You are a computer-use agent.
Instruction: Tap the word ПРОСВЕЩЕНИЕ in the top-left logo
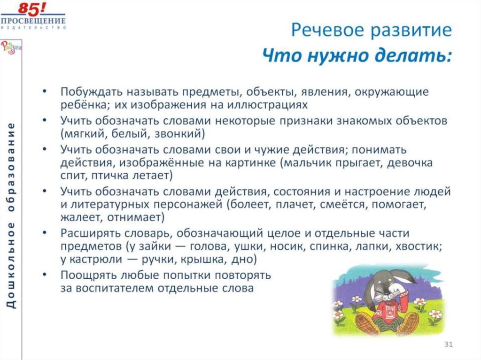[33, 21]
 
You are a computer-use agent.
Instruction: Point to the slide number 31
[448, 345]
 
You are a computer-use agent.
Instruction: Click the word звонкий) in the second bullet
[184, 134]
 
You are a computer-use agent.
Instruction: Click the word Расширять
[88, 234]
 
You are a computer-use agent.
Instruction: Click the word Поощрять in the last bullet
[87, 274]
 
